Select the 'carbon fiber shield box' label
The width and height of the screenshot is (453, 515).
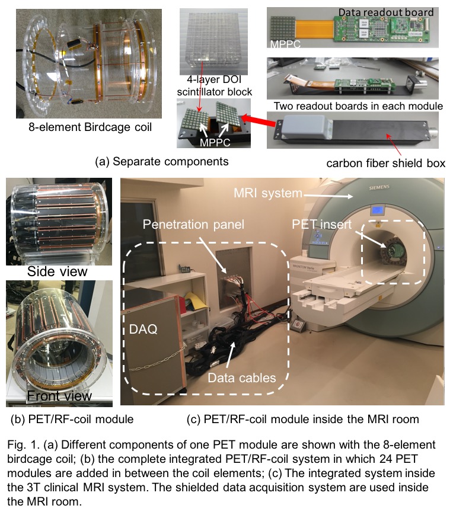(x=385, y=162)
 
